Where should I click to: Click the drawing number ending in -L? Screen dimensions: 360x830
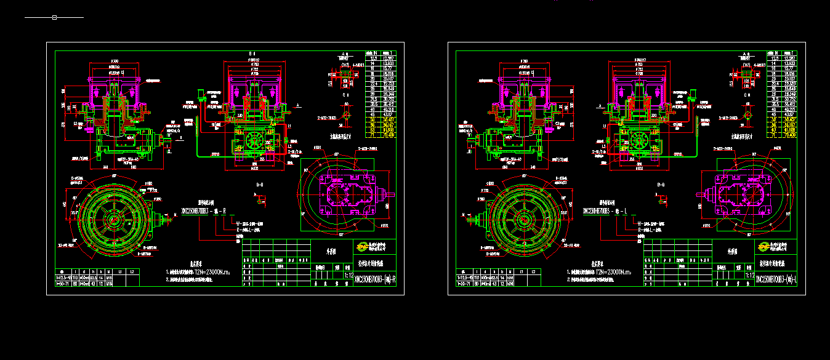[x=779, y=279]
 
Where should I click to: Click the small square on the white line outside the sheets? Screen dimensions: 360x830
[x=54, y=17]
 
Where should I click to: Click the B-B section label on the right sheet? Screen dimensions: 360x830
[x=661, y=185]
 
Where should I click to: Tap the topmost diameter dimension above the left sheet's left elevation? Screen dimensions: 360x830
[x=115, y=62]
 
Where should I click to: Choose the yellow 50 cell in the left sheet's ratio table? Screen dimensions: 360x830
[x=372, y=119]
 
